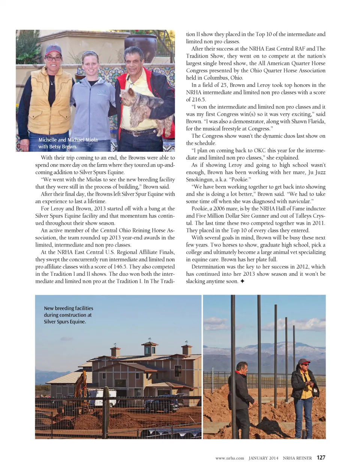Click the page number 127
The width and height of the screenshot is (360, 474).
tap(321, 458)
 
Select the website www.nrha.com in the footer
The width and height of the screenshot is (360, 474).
tap(229, 458)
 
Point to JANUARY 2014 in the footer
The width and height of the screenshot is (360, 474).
tap(263, 458)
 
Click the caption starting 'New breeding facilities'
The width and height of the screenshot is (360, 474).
tap(68, 315)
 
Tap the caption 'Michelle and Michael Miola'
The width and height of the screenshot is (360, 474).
tap(68, 140)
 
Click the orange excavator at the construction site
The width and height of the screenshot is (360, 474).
tap(82, 384)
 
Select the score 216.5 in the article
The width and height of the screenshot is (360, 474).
tap(198, 100)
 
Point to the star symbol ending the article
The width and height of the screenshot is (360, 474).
tap(242, 281)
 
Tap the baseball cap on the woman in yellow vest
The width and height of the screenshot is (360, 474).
tap(53, 50)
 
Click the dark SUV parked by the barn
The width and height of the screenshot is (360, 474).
tap(161, 405)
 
